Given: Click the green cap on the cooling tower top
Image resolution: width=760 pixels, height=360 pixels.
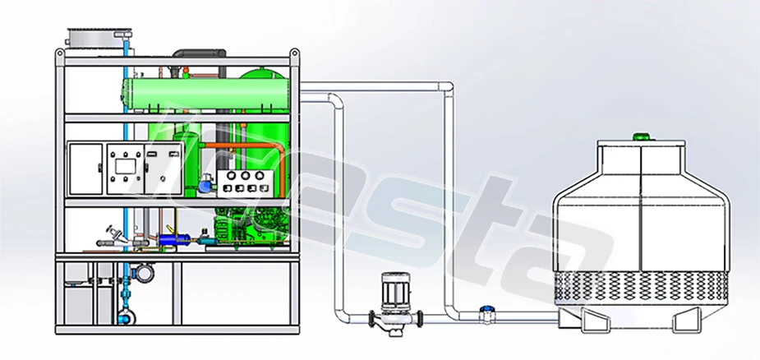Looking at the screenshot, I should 638,135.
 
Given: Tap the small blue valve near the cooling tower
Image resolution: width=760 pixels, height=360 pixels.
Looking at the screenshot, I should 486,311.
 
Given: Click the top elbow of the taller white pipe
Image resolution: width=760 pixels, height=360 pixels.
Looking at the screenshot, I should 449,88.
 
